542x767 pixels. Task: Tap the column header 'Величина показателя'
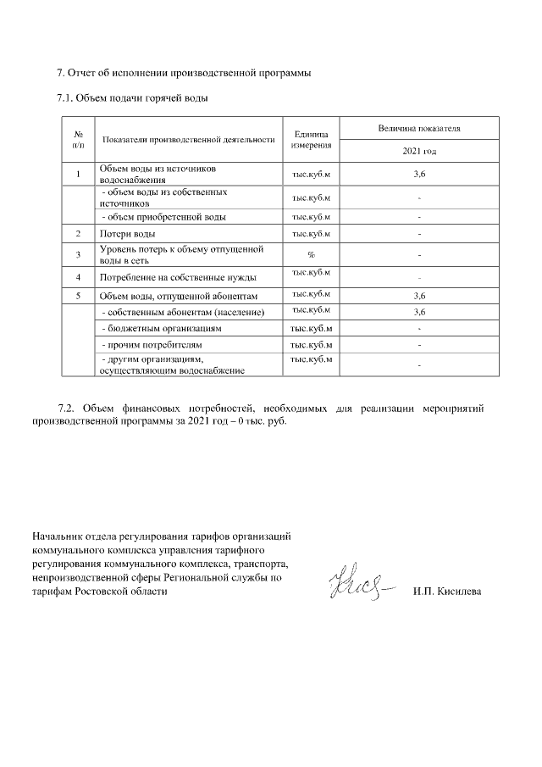tap(418, 129)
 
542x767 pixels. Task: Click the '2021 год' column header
tap(418, 152)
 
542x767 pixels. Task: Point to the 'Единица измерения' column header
tap(311, 140)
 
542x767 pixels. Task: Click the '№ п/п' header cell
tap(78, 140)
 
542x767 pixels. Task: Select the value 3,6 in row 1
tap(418, 174)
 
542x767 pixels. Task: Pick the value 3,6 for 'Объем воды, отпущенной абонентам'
tap(418, 296)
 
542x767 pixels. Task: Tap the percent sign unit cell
tap(311, 254)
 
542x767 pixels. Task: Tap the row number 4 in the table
tap(78, 277)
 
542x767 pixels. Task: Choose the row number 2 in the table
tap(78, 233)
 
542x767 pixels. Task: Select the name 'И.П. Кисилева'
tap(447, 591)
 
